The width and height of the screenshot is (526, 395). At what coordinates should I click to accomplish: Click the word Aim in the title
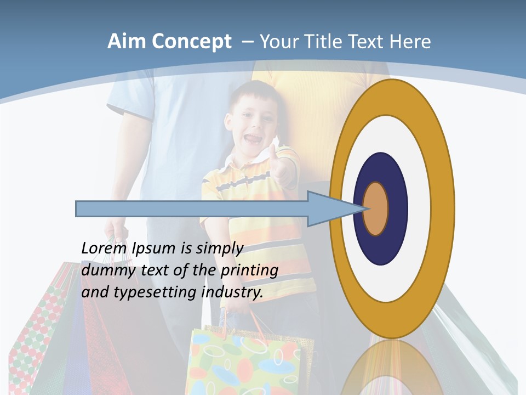[127, 42]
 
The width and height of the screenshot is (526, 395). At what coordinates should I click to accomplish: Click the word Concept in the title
[192, 42]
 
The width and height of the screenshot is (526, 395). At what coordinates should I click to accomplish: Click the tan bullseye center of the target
[376, 208]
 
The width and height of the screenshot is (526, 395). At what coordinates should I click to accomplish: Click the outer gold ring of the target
[441, 208]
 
